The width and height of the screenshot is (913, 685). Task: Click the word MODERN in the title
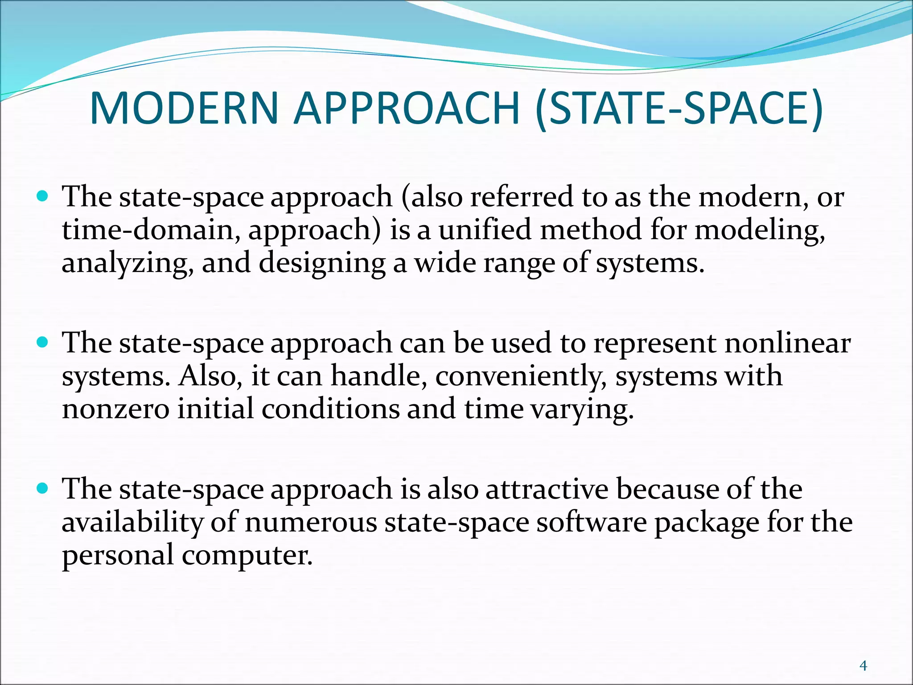click(x=184, y=108)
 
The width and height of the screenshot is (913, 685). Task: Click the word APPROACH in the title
click(x=407, y=108)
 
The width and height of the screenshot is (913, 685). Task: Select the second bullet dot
click(x=43, y=342)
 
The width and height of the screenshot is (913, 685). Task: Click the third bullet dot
click(x=43, y=488)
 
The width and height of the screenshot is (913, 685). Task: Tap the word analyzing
click(x=127, y=263)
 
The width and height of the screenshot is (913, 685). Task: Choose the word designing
click(x=322, y=263)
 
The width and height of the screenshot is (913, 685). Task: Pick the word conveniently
click(x=521, y=376)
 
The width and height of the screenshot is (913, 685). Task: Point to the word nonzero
click(x=115, y=409)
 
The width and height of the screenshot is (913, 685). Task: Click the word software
click(x=591, y=522)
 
